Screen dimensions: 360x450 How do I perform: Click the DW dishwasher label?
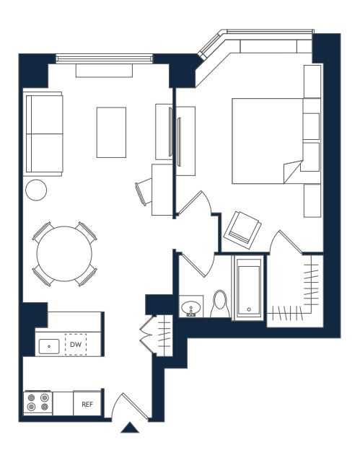[76, 345]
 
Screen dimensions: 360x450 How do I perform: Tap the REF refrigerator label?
[87, 405]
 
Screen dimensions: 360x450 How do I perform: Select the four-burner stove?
[38, 402]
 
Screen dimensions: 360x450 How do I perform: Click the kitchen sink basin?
[49, 346]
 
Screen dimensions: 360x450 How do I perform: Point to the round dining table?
[64, 254]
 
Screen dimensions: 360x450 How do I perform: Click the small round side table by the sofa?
[36, 190]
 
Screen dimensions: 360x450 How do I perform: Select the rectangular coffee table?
[111, 132]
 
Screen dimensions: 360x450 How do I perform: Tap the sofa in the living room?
[43, 133]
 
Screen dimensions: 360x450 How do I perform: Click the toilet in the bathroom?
[220, 304]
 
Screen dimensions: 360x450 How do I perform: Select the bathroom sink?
[191, 309]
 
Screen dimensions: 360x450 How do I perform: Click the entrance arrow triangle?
[130, 428]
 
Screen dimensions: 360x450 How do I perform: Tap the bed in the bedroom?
[268, 141]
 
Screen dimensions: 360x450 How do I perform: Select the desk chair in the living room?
[144, 192]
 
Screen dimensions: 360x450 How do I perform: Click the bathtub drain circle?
[249, 309]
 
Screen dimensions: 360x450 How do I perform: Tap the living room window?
[104, 59]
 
